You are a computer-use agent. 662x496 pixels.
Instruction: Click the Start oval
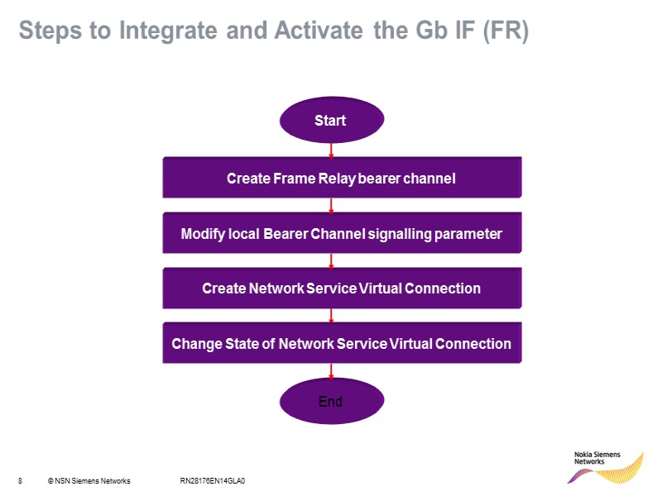click(x=331, y=121)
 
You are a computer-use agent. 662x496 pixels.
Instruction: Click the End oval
click(x=331, y=402)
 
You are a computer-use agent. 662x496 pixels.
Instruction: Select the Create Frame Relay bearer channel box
click(x=342, y=178)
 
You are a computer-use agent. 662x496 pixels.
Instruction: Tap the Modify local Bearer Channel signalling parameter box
click(x=342, y=234)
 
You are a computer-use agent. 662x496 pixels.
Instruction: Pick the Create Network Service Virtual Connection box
click(x=342, y=289)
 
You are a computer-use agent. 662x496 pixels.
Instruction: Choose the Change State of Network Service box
click(x=342, y=343)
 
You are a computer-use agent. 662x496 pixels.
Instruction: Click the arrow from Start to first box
click(x=331, y=150)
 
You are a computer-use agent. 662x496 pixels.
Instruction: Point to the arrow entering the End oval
click(x=331, y=372)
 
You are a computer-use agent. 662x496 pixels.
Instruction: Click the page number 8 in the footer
click(x=19, y=480)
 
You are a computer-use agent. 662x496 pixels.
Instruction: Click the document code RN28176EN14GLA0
click(x=213, y=480)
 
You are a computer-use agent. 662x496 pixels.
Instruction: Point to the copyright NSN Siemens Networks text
click(x=89, y=480)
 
